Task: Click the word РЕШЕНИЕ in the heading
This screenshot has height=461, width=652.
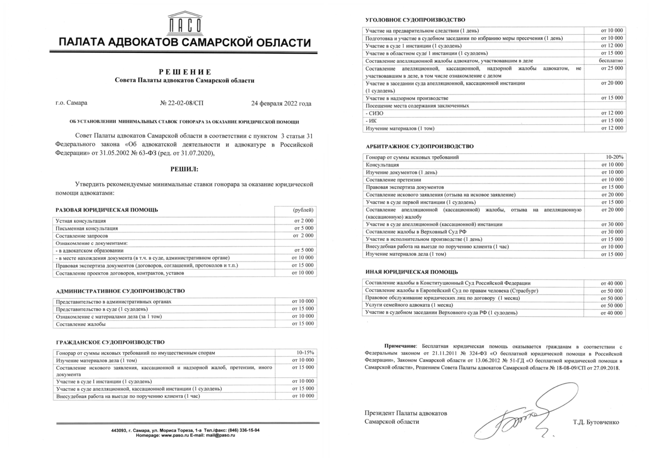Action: (185, 72)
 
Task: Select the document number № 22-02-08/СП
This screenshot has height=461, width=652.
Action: (181, 103)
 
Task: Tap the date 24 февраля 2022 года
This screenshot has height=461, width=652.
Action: (281, 103)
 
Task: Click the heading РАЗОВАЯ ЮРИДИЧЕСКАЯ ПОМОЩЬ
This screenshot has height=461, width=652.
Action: (107, 210)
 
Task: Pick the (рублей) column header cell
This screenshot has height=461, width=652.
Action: (303, 210)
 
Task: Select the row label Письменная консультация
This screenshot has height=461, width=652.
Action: (87, 228)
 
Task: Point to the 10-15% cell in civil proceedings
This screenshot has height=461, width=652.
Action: (305, 353)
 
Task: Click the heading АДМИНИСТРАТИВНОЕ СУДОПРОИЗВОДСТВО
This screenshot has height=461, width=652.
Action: (120, 291)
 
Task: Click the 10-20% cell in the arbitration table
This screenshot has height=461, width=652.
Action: (614, 157)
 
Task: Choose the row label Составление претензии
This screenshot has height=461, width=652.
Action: (393, 180)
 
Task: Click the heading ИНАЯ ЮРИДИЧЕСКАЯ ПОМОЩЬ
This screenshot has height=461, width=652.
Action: (411, 272)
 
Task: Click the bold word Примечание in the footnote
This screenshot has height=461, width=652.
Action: (400, 346)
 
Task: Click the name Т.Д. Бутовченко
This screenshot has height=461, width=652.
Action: (596, 422)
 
